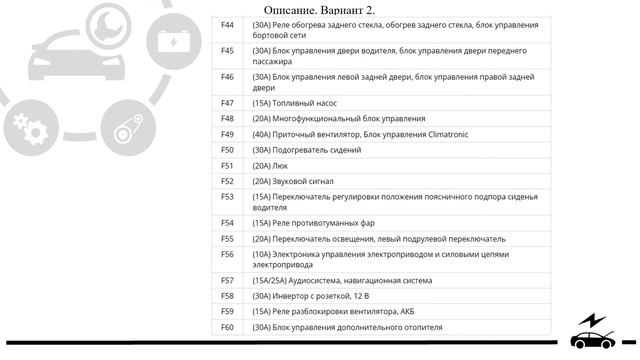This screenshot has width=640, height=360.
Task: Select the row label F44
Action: (227, 25)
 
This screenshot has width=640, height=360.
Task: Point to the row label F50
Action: (227, 150)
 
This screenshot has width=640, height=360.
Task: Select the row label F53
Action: (227, 197)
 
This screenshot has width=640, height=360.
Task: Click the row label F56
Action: (227, 254)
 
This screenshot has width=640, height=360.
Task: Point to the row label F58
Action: (227, 296)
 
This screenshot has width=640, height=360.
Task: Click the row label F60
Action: (227, 327)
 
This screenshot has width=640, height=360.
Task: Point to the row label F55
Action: (227, 239)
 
